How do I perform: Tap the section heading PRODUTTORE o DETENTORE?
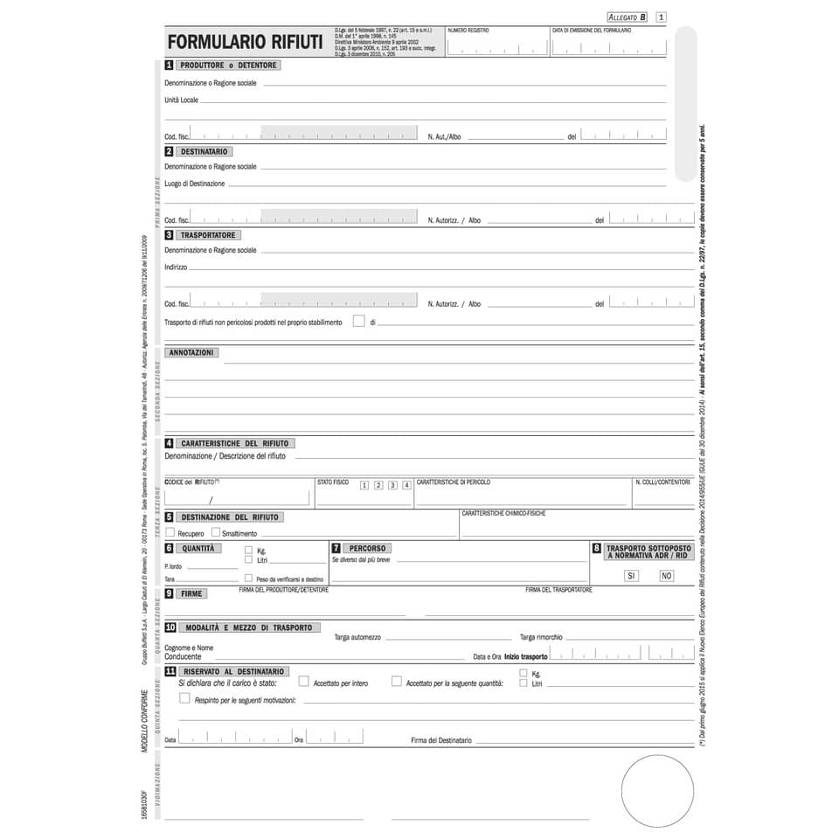(227, 66)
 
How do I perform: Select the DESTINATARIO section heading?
(205, 151)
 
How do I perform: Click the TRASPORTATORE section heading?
(208, 235)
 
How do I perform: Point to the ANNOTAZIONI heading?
(191, 353)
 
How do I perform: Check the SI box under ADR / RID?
(631, 575)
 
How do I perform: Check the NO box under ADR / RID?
(666, 575)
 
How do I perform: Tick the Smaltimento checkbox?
(215, 532)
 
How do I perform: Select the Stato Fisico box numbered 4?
(406, 485)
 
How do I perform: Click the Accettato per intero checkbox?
(304, 681)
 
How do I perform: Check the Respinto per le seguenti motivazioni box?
(184, 698)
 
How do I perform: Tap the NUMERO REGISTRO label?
(468, 31)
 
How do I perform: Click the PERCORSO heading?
(366, 548)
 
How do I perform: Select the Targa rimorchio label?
(541, 637)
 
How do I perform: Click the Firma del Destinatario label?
(441, 740)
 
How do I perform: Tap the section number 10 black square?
(170, 628)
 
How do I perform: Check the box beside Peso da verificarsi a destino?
(249, 578)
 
